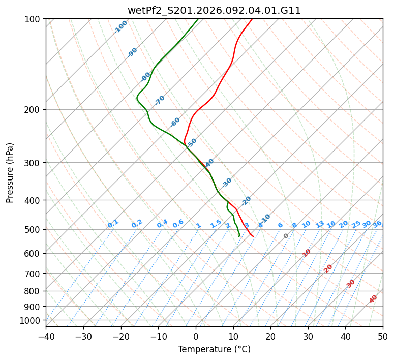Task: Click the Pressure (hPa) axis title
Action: tap(10, 173)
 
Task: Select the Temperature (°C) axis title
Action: tap(214, 350)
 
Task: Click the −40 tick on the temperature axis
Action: tap(46, 337)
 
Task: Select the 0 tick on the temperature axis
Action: tap(196, 337)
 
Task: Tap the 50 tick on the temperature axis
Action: tap(383, 337)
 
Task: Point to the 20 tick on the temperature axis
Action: tap(270, 337)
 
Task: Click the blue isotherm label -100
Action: tap(121, 27)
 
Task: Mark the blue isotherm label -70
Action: tap(160, 100)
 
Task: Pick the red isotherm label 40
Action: tap(373, 299)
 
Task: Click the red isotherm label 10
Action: tap(307, 253)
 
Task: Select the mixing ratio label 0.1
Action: tap(113, 224)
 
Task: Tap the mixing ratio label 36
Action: tap(377, 224)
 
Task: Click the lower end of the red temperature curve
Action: tap(253, 236)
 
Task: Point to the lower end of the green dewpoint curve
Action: tap(239, 236)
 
